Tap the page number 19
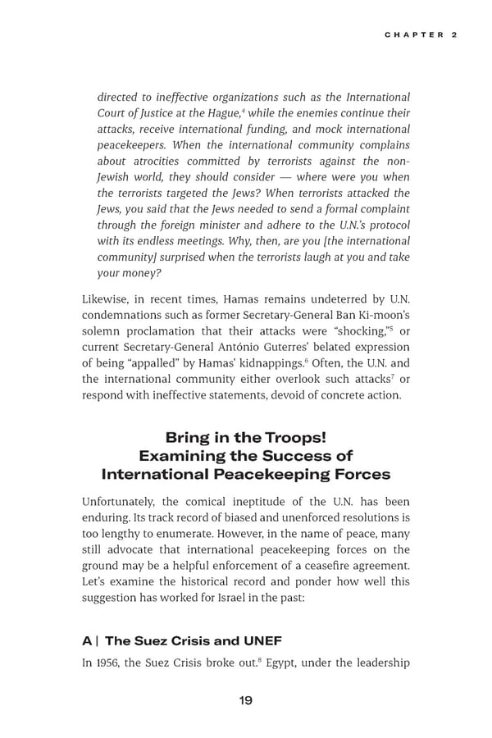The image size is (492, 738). pos(245,699)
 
